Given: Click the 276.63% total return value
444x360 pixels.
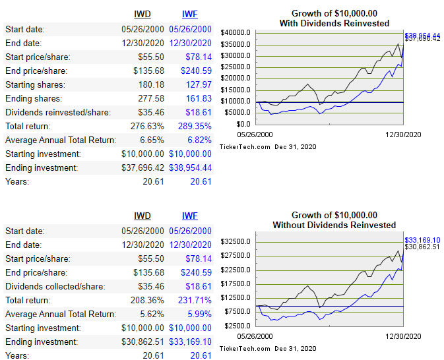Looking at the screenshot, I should click(x=145, y=126).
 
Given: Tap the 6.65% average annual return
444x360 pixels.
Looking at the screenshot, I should click(x=148, y=140).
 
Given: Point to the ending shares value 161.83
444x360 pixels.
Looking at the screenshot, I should click(x=198, y=98).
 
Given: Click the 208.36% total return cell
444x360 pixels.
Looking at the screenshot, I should click(x=145, y=300).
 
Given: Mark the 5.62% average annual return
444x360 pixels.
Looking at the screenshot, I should click(x=148, y=314).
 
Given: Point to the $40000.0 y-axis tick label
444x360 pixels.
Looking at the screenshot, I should click(x=236, y=32).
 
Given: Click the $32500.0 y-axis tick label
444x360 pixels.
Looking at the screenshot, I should click(x=236, y=241).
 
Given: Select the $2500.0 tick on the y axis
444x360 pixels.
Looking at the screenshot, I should click(x=238, y=326).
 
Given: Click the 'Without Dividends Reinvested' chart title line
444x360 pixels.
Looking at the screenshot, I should click(x=334, y=225).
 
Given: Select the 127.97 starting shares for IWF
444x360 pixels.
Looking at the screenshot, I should click(x=198, y=84).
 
